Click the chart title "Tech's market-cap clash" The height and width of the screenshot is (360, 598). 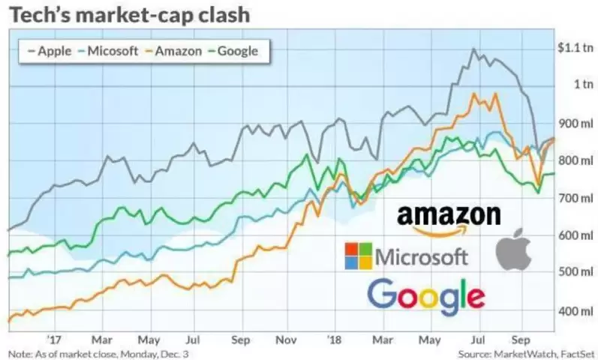pyautogui.click(x=129, y=15)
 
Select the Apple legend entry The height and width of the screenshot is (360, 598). pyautogui.click(x=50, y=51)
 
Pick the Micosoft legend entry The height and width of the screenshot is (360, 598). pyautogui.click(x=108, y=51)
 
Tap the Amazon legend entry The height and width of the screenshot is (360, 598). pyautogui.click(x=174, y=51)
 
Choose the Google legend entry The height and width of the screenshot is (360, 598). pyautogui.click(x=234, y=51)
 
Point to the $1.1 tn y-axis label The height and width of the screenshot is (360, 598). pyautogui.click(x=575, y=48)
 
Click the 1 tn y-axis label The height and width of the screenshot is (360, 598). pyautogui.click(x=584, y=84)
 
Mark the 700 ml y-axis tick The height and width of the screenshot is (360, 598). pyautogui.click(x=576, y=198)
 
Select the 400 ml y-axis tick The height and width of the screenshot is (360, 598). pyautogui.click(x=576, y=311)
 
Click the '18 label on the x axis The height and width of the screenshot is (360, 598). pyautogui.click(x=335, y=340)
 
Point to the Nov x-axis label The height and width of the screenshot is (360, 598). pyautogui.click(x=286, y=340)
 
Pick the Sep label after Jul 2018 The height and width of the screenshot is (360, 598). pyautogui.click(x=521, y=340)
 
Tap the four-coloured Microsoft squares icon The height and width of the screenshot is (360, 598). pyautogui.click(x=358, y=256)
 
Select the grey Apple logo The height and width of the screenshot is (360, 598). pyautogui.click(x=514, y=250)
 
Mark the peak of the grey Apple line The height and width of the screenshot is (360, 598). pyautogui.click(x=473, y=49)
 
